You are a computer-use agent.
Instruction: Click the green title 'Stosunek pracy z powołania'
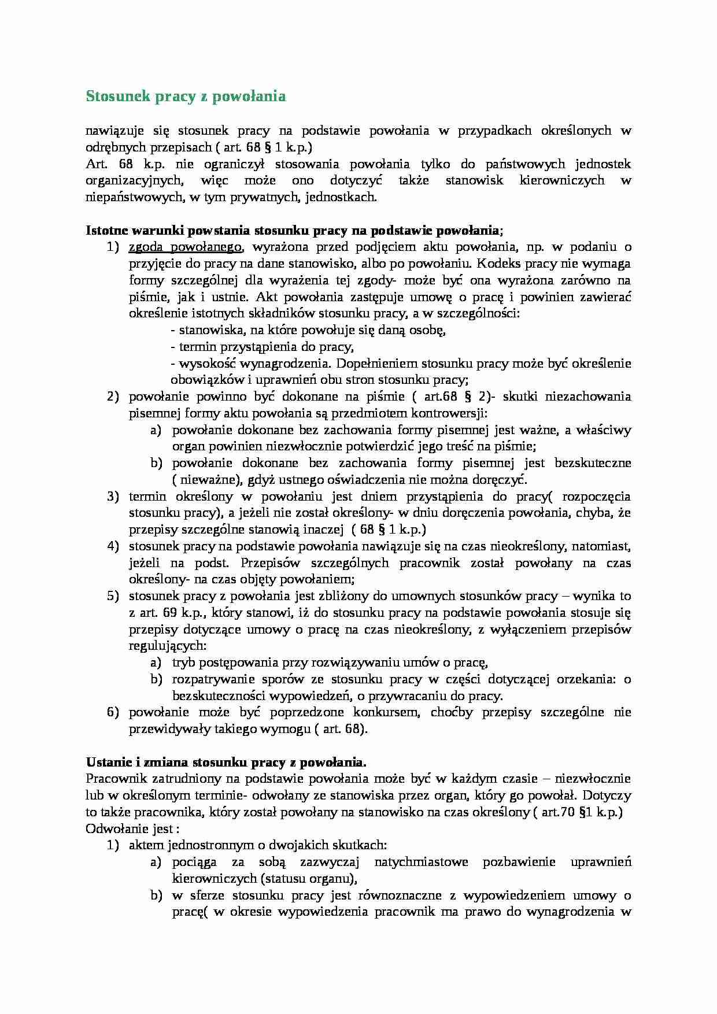click(x=186, y=96)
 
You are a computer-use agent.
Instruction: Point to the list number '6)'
click(x=113, y=712)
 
